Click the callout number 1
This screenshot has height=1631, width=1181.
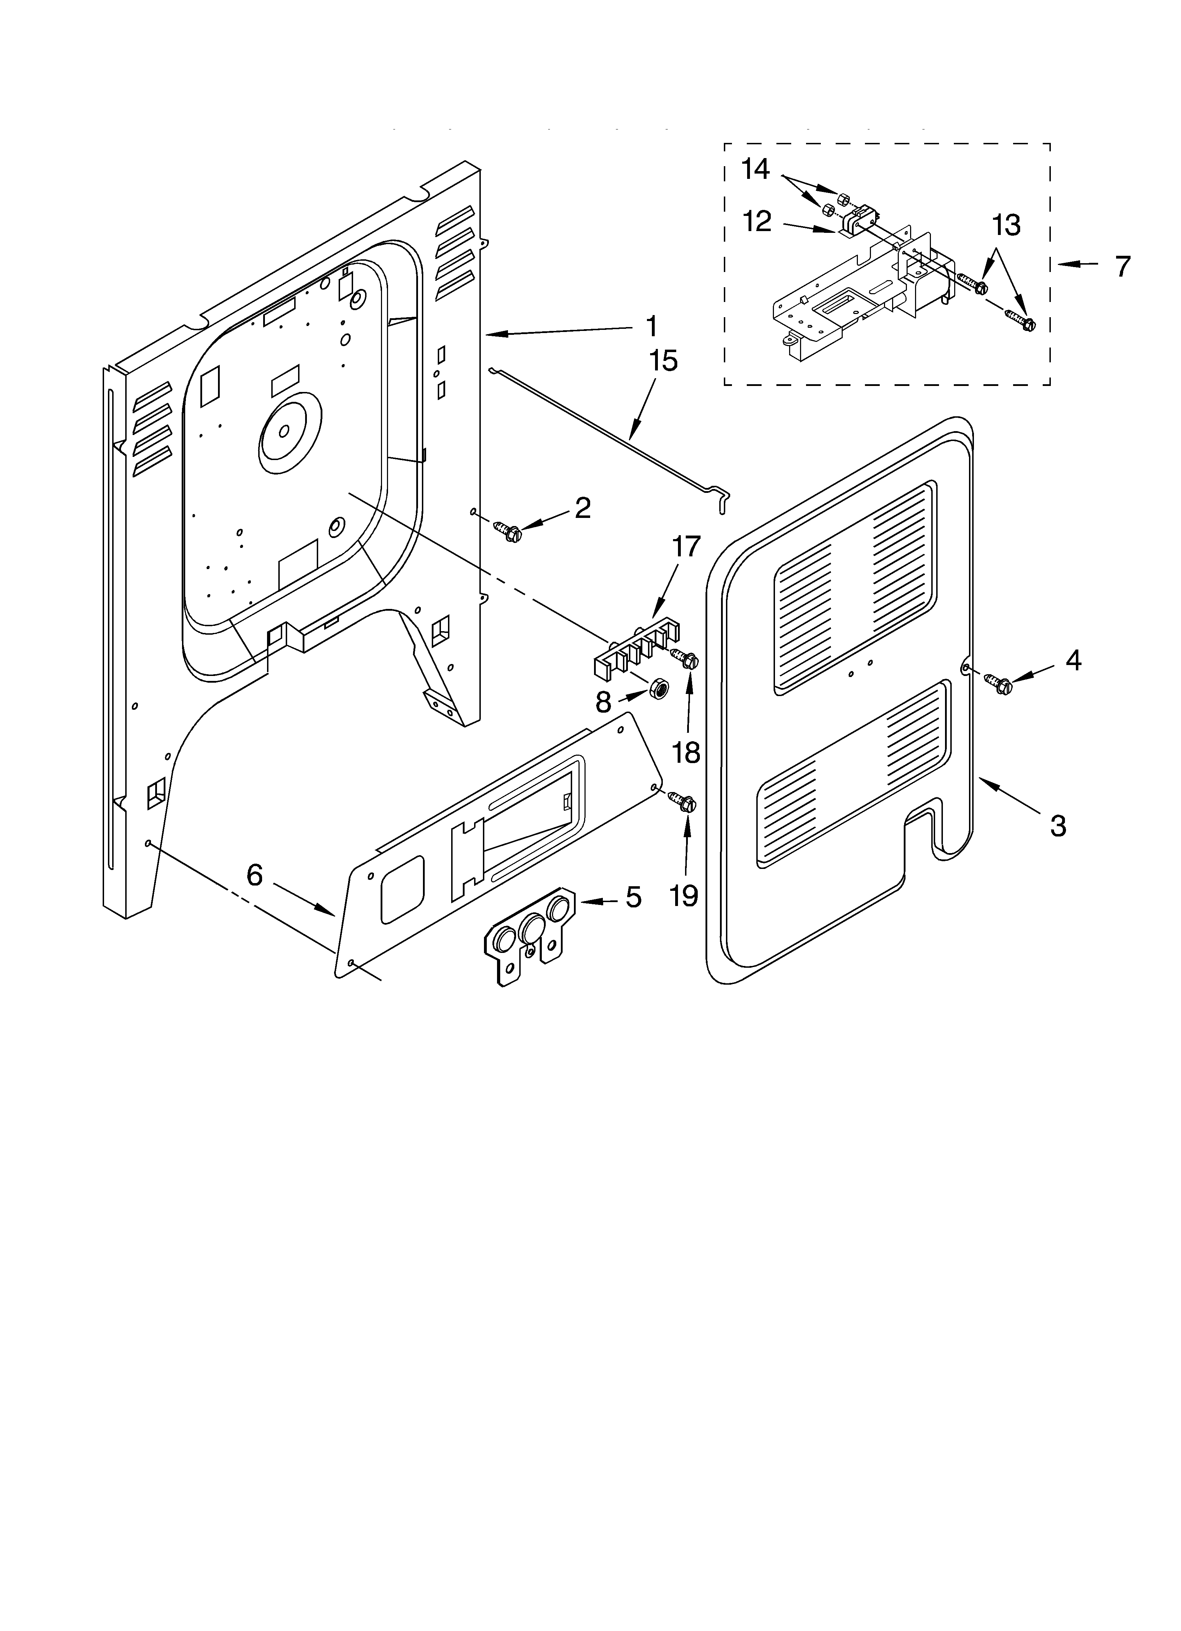(651, 327)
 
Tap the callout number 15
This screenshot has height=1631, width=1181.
(663, 361)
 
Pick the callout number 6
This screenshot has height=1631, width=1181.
(255, 875)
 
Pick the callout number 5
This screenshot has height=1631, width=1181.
(632, 898)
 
